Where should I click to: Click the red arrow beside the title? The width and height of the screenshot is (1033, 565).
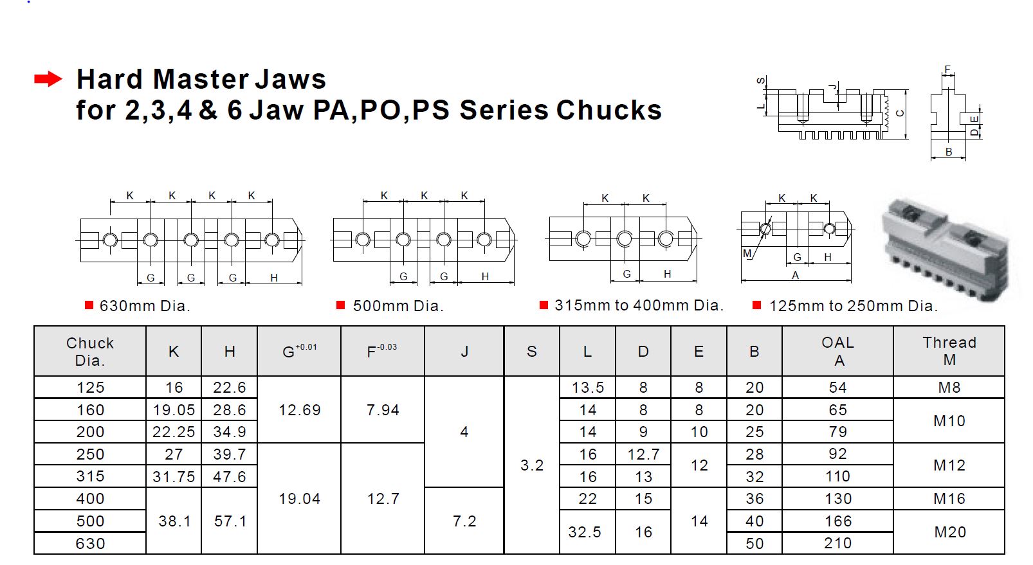click(48, 79)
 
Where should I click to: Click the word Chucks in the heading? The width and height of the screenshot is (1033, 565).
click(608, 110)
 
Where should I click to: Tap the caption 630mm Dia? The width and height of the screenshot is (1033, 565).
click(145, 306)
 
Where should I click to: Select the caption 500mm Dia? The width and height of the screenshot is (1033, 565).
click(398, 306)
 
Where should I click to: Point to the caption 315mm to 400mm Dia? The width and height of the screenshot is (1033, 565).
click(639, 305)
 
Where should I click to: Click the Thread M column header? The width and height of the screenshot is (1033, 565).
click(949, 351)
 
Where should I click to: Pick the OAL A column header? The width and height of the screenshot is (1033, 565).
click(837, 351)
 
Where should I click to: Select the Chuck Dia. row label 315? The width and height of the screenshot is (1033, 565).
click(90, 476)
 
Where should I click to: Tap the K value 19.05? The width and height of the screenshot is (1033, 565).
click(174, 410)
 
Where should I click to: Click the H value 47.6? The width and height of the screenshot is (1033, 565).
click(230, 476)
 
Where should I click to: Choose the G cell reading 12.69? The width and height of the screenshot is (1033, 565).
click(299, 410)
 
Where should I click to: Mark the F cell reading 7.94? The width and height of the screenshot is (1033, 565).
click(383, 410)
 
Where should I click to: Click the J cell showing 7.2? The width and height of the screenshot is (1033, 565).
click(464, 521)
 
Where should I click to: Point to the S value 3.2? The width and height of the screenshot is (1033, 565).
click(532, 465)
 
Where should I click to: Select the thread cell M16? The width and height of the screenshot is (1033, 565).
click(949, 499)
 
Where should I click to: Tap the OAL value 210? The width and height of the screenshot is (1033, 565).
click(837, 543)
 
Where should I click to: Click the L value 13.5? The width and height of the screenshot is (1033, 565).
click(588, 388)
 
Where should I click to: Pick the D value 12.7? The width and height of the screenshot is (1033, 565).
click(643, 454)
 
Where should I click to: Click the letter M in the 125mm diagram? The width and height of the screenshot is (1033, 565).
click(747, 254)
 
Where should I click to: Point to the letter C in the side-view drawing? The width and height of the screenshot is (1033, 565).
click(900, 113)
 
